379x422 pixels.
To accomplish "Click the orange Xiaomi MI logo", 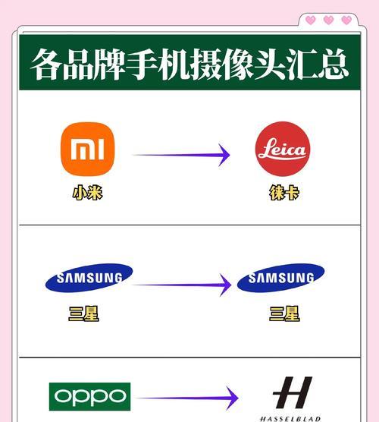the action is [88, 149].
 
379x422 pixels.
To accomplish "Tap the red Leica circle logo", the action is [283, 149].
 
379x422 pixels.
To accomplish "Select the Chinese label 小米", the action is [88, 193].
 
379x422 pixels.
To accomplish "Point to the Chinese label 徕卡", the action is [284, 193].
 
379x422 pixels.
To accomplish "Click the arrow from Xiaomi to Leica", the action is [181, 155].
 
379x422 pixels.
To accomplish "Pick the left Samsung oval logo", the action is [89, 278].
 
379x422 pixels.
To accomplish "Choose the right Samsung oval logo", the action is [281, 278].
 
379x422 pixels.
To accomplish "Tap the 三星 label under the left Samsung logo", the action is [83, 313].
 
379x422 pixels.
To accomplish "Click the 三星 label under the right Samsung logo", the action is [284, 313].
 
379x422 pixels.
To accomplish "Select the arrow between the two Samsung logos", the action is [182, 285].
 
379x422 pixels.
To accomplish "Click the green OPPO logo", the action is [89, 396].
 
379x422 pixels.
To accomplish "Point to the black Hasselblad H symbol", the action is [293, 392].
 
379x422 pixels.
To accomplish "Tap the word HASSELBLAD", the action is [290, 419].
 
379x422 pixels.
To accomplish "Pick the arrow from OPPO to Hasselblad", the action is [187, 398].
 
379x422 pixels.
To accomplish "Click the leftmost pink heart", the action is [311, 20].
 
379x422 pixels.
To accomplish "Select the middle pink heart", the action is [328, 20].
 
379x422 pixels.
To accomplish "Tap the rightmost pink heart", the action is [346, 20].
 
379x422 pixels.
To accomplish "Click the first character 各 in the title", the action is [45, 64].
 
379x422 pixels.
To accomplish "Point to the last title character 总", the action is [334, 64].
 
